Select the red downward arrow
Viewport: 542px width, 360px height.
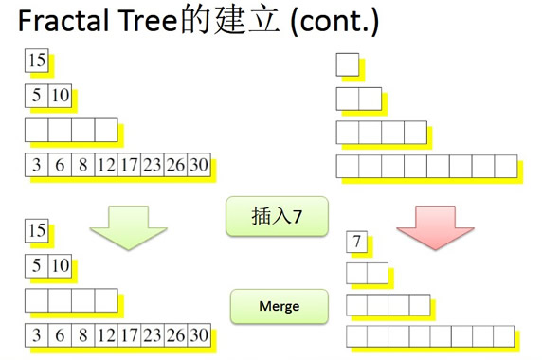435,228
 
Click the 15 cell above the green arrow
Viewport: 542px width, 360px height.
37,61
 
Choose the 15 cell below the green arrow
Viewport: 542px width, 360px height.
37,230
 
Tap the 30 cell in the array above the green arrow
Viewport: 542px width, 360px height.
198,165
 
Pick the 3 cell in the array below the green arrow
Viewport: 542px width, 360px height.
37,334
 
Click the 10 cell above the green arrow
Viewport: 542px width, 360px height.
60,96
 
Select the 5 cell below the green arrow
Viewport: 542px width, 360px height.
36,265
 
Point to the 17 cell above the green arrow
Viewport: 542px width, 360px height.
129,165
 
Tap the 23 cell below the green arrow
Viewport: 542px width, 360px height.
152,334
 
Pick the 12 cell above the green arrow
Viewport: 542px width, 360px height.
105,165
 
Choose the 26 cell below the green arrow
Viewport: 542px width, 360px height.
175,334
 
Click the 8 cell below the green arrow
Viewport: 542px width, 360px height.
82,334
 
